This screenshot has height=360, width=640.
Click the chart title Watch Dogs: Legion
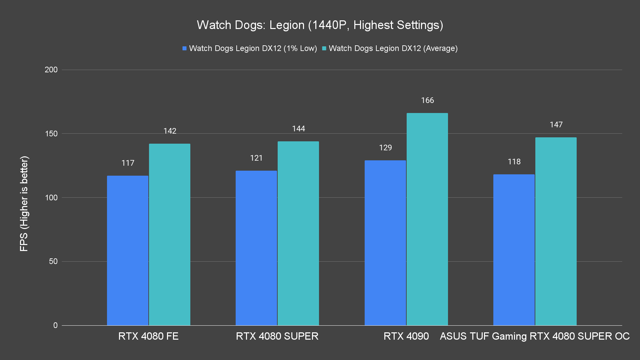[x=320, y=25]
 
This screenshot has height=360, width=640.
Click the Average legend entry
[x=390, y=48]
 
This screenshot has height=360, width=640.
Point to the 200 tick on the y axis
[x=51, y=70]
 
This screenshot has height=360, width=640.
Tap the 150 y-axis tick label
[x=51, y=134]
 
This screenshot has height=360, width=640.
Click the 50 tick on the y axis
[x=53, y=261]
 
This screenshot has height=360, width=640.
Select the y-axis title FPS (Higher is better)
[x=24, y=203]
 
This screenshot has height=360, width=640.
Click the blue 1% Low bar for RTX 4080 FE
[x=127, y=250]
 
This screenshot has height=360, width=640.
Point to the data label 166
[x=427, y=100]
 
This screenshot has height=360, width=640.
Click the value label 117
[x=128, y=163]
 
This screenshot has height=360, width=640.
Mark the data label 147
[x=556, y=125]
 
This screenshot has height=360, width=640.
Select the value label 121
[x=256, y=158]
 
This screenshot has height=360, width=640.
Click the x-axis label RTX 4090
[x=406, y=336]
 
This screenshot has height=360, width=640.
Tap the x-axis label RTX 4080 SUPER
[x=277, y=336]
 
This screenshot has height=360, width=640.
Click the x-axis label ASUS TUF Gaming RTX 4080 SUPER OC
[x=535, y=336]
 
